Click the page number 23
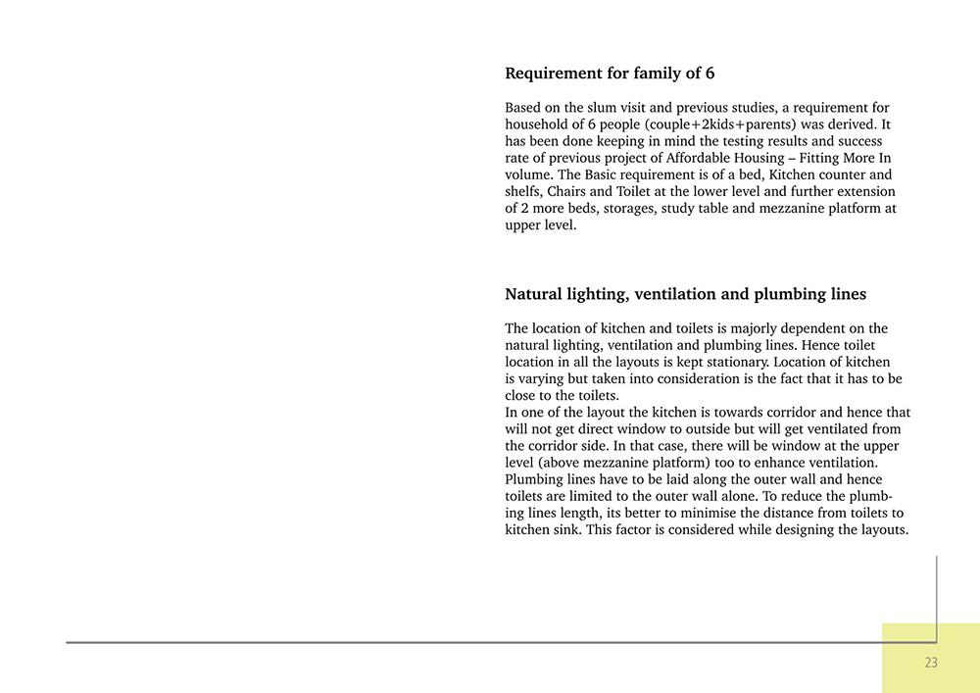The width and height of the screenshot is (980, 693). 930,663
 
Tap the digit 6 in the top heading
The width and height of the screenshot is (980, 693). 710,74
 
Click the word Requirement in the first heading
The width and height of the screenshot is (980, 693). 552,74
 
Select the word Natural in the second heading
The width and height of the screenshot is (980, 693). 536,294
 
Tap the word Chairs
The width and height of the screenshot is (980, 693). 568,191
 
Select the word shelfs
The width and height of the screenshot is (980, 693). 523,191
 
